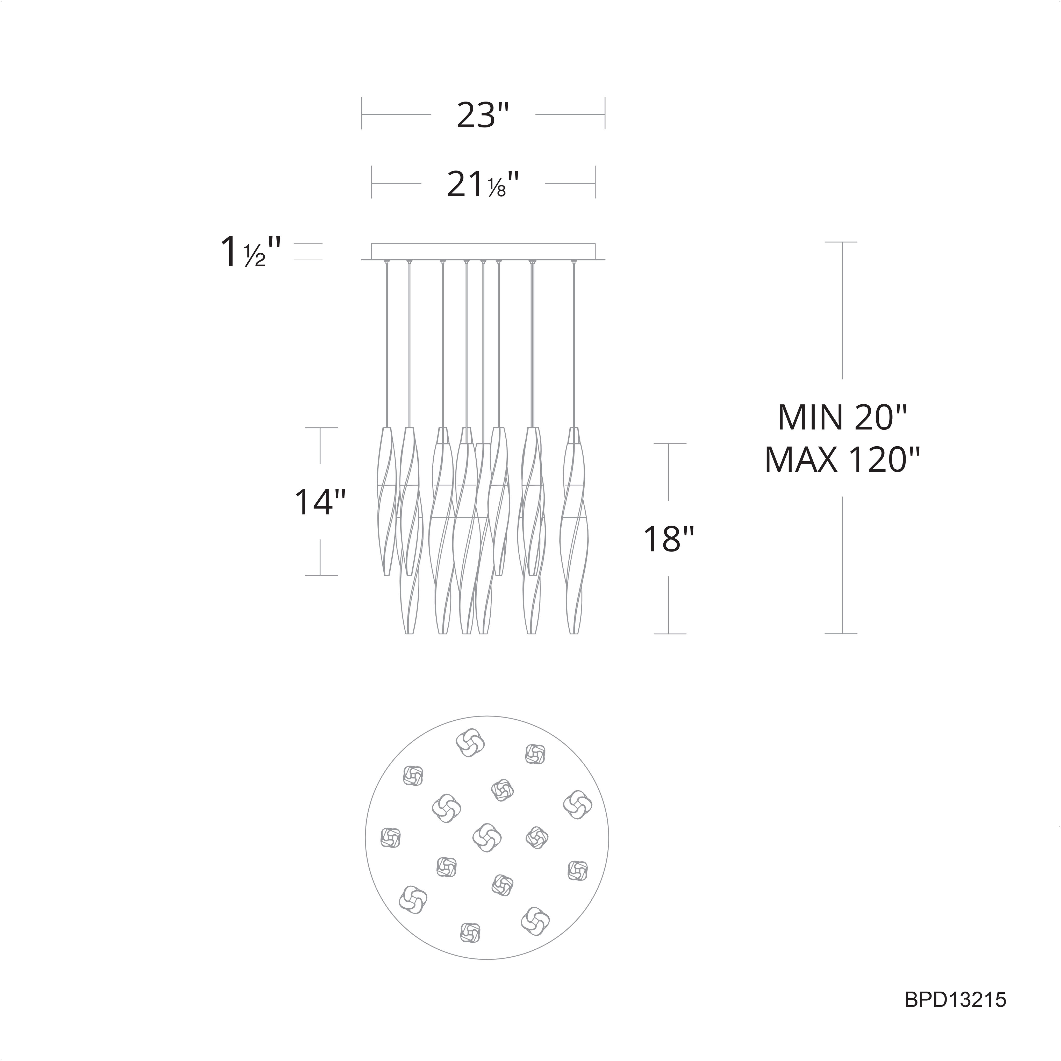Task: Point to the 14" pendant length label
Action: [x=320, y=502]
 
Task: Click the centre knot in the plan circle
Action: [x=487, y=837]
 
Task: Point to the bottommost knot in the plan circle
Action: [x=470, y=931]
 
